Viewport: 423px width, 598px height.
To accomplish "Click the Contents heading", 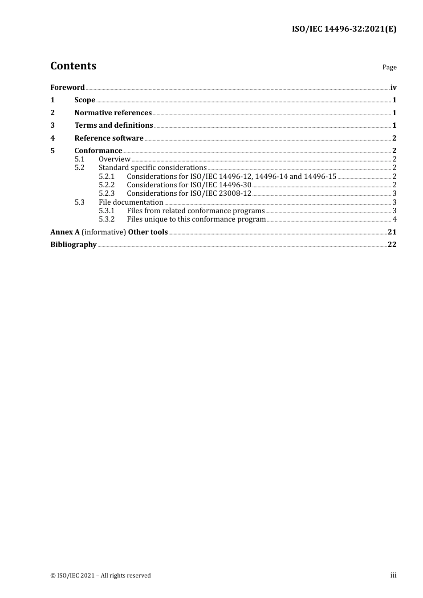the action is point(73,66).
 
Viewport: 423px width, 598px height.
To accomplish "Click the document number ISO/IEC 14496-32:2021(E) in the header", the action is point(344,29).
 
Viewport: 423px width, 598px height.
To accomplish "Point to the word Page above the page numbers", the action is point(389,67).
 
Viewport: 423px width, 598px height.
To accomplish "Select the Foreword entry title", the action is point(67,87).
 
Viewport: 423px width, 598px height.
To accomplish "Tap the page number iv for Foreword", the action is point(393,87).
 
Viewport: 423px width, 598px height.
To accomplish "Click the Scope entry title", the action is point(85,100).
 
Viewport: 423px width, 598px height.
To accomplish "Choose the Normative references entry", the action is point(113,113).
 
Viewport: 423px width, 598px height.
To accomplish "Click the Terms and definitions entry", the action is point(114,125).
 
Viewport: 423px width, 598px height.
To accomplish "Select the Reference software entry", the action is point(109,138).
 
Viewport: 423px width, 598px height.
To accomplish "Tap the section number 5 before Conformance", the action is point(53,150).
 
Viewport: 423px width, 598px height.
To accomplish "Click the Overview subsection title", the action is point(114,159).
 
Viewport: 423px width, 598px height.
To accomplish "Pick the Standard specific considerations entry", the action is point(152,167).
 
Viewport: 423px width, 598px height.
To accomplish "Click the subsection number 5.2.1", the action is point(106,176).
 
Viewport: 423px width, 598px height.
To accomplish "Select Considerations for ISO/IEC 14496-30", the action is point(189,185).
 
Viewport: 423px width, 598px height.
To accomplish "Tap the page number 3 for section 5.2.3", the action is point(395,193).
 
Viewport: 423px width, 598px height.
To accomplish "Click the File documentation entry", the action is point(131,202).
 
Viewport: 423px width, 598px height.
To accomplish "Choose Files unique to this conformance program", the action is point(196,219).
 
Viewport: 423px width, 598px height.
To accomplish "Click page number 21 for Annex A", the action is point(392,232).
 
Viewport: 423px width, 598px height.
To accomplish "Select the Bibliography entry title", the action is point(73,244).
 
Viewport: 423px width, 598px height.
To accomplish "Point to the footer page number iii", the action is point(393,575).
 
